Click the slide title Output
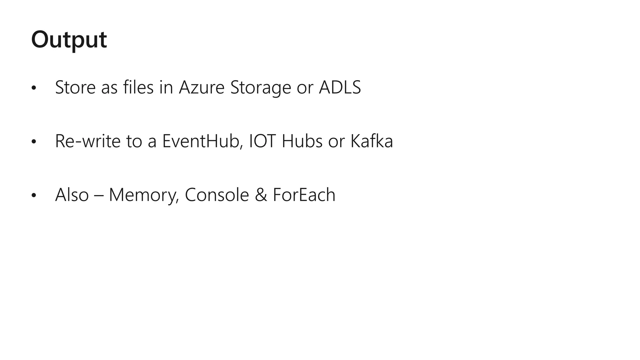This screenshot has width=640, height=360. tap(69, 40)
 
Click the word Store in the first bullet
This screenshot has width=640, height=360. tap(75, 87)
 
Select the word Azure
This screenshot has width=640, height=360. tap(202, 87)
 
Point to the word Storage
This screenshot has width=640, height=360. tap(261, 88)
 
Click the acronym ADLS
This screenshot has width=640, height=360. tap(340, 87)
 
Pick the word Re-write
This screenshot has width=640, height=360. tap(88, 141)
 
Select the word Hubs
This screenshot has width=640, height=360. tap(302, 141)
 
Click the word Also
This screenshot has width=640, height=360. tap(72, 195)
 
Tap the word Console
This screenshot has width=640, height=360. tap(217, 195)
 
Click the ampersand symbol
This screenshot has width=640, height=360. tap(261, 195)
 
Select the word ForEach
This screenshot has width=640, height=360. tap(304, 195)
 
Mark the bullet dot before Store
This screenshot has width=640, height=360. tap(34, 88)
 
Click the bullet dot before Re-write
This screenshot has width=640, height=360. tap(34, 142)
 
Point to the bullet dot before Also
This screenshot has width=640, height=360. tap(34, 196)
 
